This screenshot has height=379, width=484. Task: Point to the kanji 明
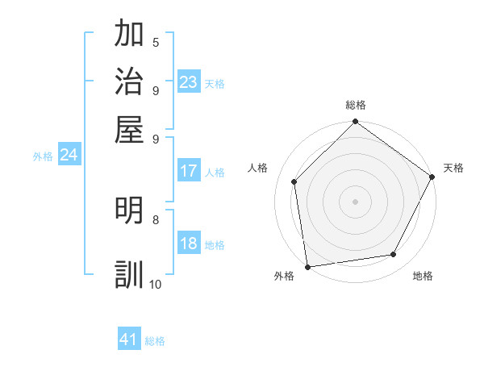(131, 210)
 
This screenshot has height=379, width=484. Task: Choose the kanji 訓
(131, 274)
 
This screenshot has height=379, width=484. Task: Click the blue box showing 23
(189, 82)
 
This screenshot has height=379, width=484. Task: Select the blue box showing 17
(189, 171)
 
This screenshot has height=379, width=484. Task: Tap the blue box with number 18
(189, 244)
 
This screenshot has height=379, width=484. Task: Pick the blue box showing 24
(69, 155)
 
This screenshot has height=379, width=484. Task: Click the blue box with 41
(129, 339)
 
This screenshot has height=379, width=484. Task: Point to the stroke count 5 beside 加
(156, 43)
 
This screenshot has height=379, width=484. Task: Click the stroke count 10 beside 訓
(155, 284)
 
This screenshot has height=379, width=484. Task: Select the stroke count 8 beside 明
(156, 219)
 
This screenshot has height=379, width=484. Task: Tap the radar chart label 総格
(355, 105)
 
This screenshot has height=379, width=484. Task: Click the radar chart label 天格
(453, 168)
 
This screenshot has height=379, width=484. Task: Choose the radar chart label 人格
(258, 168)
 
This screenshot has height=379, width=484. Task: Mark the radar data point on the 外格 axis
(307, 267)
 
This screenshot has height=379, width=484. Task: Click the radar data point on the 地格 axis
(394, 255)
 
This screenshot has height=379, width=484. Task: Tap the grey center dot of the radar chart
(355, 202)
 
